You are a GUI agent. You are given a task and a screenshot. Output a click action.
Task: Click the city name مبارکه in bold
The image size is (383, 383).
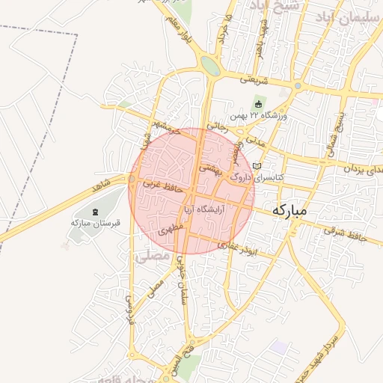click(x=289, y=210)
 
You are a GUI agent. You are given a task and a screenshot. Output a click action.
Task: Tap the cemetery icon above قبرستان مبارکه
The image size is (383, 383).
click(x=95, y=212)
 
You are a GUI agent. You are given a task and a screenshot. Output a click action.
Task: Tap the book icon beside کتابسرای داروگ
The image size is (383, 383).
click(x=258, y=165)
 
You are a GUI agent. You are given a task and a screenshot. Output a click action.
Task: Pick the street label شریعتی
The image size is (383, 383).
click(x=254, y=78)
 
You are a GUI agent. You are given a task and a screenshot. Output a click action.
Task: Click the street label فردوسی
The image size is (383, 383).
click(x=130, y=307)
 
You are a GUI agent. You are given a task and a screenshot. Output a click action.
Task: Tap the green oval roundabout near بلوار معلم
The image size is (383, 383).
click(x=210, y=66)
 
